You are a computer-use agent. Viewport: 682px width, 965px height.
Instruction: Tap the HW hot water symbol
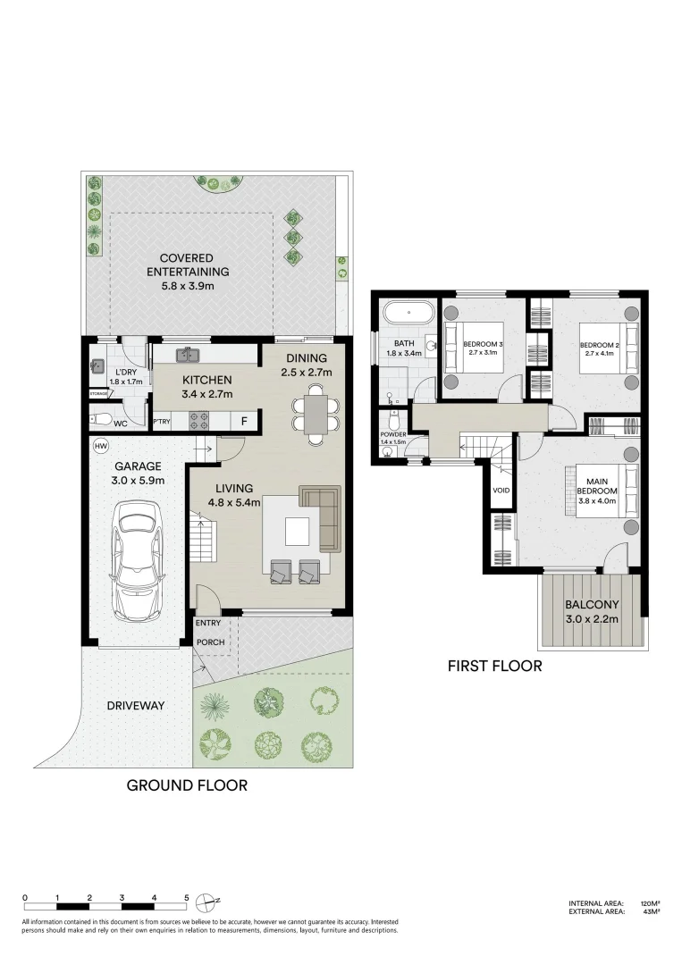click(x=99, y=445)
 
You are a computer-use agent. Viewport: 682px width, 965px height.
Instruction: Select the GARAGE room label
click(x=137, y=466)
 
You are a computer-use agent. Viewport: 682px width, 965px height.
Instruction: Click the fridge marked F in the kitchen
click(x=243, y=421)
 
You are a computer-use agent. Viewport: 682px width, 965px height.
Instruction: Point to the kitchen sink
click(x=188, y=356)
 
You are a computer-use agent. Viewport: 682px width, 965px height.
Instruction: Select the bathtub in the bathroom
click(x=408, y=314)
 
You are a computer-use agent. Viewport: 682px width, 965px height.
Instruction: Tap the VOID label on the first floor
click(x=501, y=491)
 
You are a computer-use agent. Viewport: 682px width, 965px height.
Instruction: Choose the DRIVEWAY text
click(x=136, y=706)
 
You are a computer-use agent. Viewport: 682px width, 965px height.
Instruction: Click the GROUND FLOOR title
click(x=186, y=785)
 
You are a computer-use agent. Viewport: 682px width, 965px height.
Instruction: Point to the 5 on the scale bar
click(x=186, y=898)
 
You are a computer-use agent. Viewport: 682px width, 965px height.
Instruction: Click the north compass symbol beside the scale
click(x=206, y=899)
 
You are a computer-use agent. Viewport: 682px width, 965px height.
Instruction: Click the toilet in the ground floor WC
click(x=101, y=419)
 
